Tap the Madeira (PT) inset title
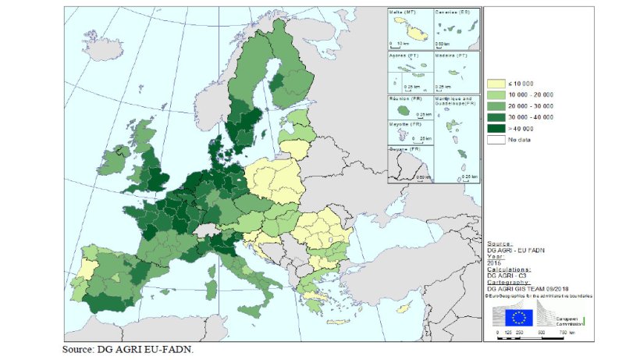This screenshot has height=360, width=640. tap(451, 56)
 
